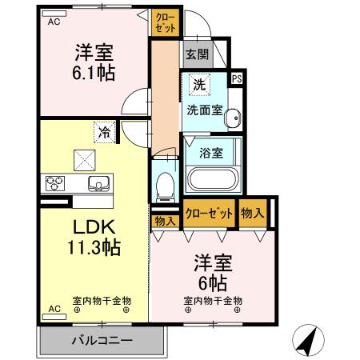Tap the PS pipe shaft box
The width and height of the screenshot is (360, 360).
pos(237,78)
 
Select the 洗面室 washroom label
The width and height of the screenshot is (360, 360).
pos(206,110)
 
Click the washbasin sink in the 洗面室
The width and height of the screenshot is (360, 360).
pos(231,119)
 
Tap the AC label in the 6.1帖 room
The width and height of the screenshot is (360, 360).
pos(54,22)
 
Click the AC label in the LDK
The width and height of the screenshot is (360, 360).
pos(54,308)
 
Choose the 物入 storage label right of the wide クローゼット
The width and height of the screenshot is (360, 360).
pos(252,213)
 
